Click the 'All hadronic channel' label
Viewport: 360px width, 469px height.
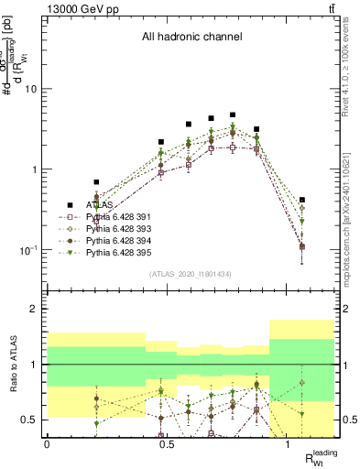(191, 38)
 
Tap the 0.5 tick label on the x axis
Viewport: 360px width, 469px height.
(168, 443)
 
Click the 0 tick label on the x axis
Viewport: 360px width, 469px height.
(47, 443)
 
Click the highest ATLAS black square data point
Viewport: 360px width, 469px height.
(233, 115)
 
